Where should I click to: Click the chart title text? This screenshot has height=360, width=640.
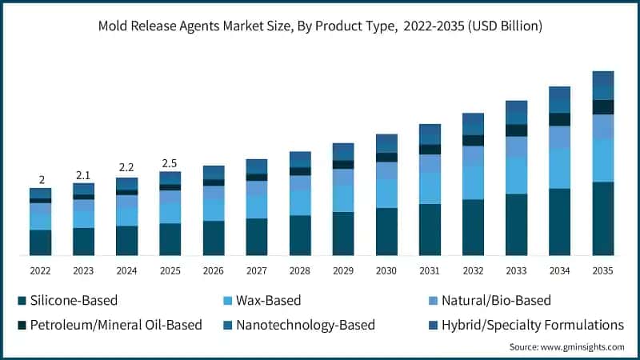point(320,26)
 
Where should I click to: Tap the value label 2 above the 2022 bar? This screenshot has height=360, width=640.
point(41,179)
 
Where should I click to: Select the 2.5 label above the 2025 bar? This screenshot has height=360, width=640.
point(170,163)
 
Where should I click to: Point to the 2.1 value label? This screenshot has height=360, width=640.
point(83,174)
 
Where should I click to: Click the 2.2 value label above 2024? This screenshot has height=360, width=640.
point(126,168)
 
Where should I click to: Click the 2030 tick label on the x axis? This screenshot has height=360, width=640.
point(386,271)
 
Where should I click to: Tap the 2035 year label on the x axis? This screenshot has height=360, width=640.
point(602,271)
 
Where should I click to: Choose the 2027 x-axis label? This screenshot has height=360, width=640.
point(257,271)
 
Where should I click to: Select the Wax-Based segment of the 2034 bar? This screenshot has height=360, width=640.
point(559,169)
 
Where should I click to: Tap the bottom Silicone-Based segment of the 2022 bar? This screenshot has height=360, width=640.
point(41,242)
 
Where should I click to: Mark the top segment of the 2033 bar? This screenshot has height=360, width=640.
point(516,106)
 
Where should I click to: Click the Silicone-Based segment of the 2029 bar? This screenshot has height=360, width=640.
point(343,234)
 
